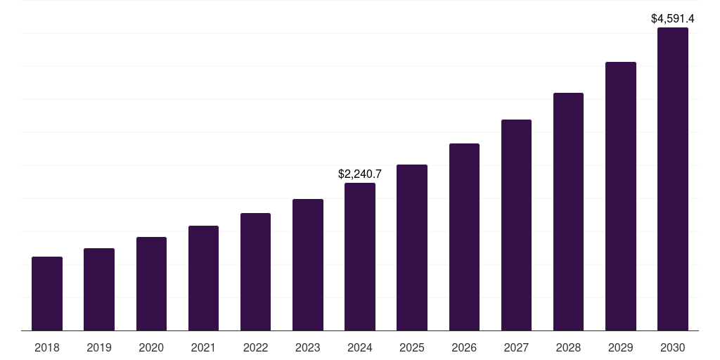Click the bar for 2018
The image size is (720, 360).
(x=47, y=294)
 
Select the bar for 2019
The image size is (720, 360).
(x=99, y=290)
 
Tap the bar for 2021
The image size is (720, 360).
(x=203, y=278)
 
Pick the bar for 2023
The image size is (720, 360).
(x=308, y=265)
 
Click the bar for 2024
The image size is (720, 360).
(x=360, y=257)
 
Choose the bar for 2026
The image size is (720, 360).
(x=464, y=237)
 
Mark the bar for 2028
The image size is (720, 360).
(x=568, y=212)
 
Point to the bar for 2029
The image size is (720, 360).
(x=621, y=196)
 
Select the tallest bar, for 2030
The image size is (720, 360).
(x=673, y=179)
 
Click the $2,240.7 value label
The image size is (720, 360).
(x=360, y=174)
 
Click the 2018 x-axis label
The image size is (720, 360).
(x=47, y=347)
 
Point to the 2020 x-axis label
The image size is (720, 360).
(x=151, y=347)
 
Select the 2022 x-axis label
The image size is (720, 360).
(x=255, y=347)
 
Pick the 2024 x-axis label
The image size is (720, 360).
(x=360, y=347)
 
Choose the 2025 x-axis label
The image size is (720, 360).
(x=412, y=347)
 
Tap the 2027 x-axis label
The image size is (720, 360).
(x=516, y=347)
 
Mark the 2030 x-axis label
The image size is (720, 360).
(x=673, y=347)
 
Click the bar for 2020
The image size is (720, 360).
(x=151, y=284)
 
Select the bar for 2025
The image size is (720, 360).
(x=412, y=247)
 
